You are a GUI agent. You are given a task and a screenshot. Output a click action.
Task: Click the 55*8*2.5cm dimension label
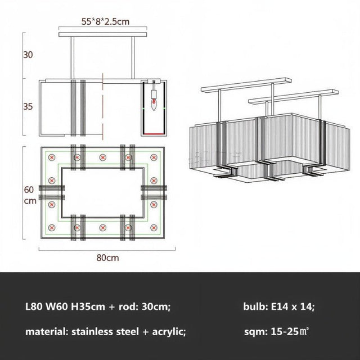point(105,22)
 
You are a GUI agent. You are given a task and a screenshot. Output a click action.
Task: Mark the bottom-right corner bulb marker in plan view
point(153,227)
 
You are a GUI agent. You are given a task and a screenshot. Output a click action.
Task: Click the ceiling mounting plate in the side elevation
point(105,35)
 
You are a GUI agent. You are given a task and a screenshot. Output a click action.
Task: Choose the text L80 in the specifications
point(35,307)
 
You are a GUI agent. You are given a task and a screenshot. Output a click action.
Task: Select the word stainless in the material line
point(93,332)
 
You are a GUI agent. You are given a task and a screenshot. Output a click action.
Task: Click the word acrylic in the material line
point(166,332)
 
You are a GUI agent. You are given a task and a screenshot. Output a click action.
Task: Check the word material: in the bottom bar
point(46,332)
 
